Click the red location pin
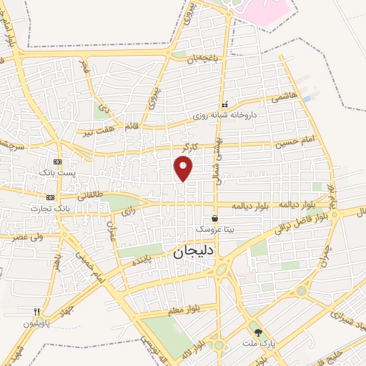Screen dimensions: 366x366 (184, 167)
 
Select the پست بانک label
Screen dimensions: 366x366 (56, 174)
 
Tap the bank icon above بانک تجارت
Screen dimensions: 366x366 (50, 197)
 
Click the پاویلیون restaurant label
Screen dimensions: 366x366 (38, 323)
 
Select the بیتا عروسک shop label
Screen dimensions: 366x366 (215, 231)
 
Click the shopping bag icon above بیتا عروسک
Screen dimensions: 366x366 (215, 219)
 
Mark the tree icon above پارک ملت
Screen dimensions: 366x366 (258, 332)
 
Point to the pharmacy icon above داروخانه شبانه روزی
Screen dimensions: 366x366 (224, 104)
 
